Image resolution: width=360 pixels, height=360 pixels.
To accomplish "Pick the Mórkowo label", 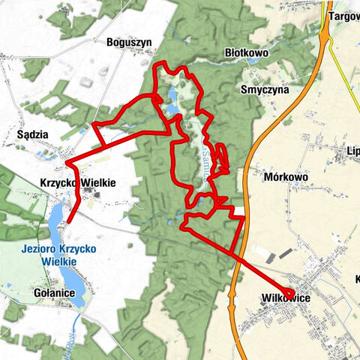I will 287,178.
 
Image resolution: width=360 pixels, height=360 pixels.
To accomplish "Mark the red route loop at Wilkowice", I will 289,293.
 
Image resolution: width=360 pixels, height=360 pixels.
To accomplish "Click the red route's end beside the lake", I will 69,222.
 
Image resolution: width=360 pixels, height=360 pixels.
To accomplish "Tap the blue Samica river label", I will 205,159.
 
